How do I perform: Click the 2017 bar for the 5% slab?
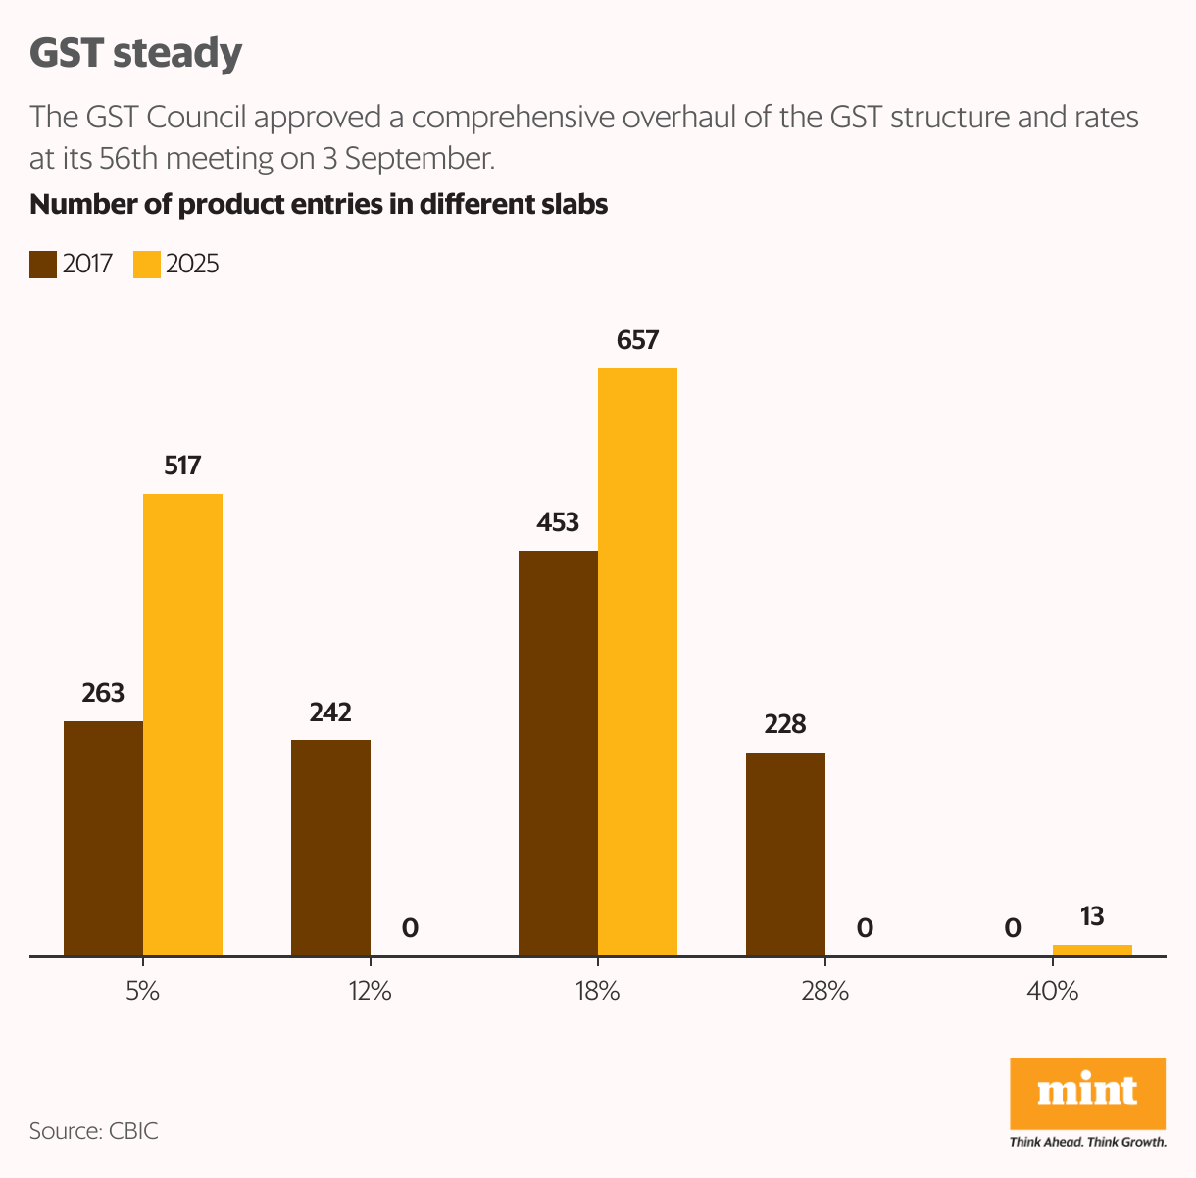[103, 838]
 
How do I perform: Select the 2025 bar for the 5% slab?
[182, 724]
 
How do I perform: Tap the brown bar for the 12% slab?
[330, 847]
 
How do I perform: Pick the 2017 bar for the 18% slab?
[558, 753]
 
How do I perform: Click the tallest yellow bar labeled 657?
[637, 662]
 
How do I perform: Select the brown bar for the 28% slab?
[785, 854]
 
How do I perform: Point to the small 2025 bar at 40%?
[1092, 950]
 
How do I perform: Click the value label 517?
[182, 466]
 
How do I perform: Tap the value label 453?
[558, 522]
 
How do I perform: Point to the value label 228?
[785, 724]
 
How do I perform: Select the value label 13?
[1092, 916]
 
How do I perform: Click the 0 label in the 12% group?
[410, 927]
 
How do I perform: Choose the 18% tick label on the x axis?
[597, 991]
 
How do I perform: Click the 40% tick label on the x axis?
[1052, 991]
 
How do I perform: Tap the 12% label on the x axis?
[370, 991]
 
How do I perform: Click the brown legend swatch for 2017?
[43, 265]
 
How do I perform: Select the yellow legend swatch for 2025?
[147, 265]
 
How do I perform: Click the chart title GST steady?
[135, 53]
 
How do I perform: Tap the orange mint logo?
[1087, 1094]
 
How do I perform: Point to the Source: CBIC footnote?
[94, 1131]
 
